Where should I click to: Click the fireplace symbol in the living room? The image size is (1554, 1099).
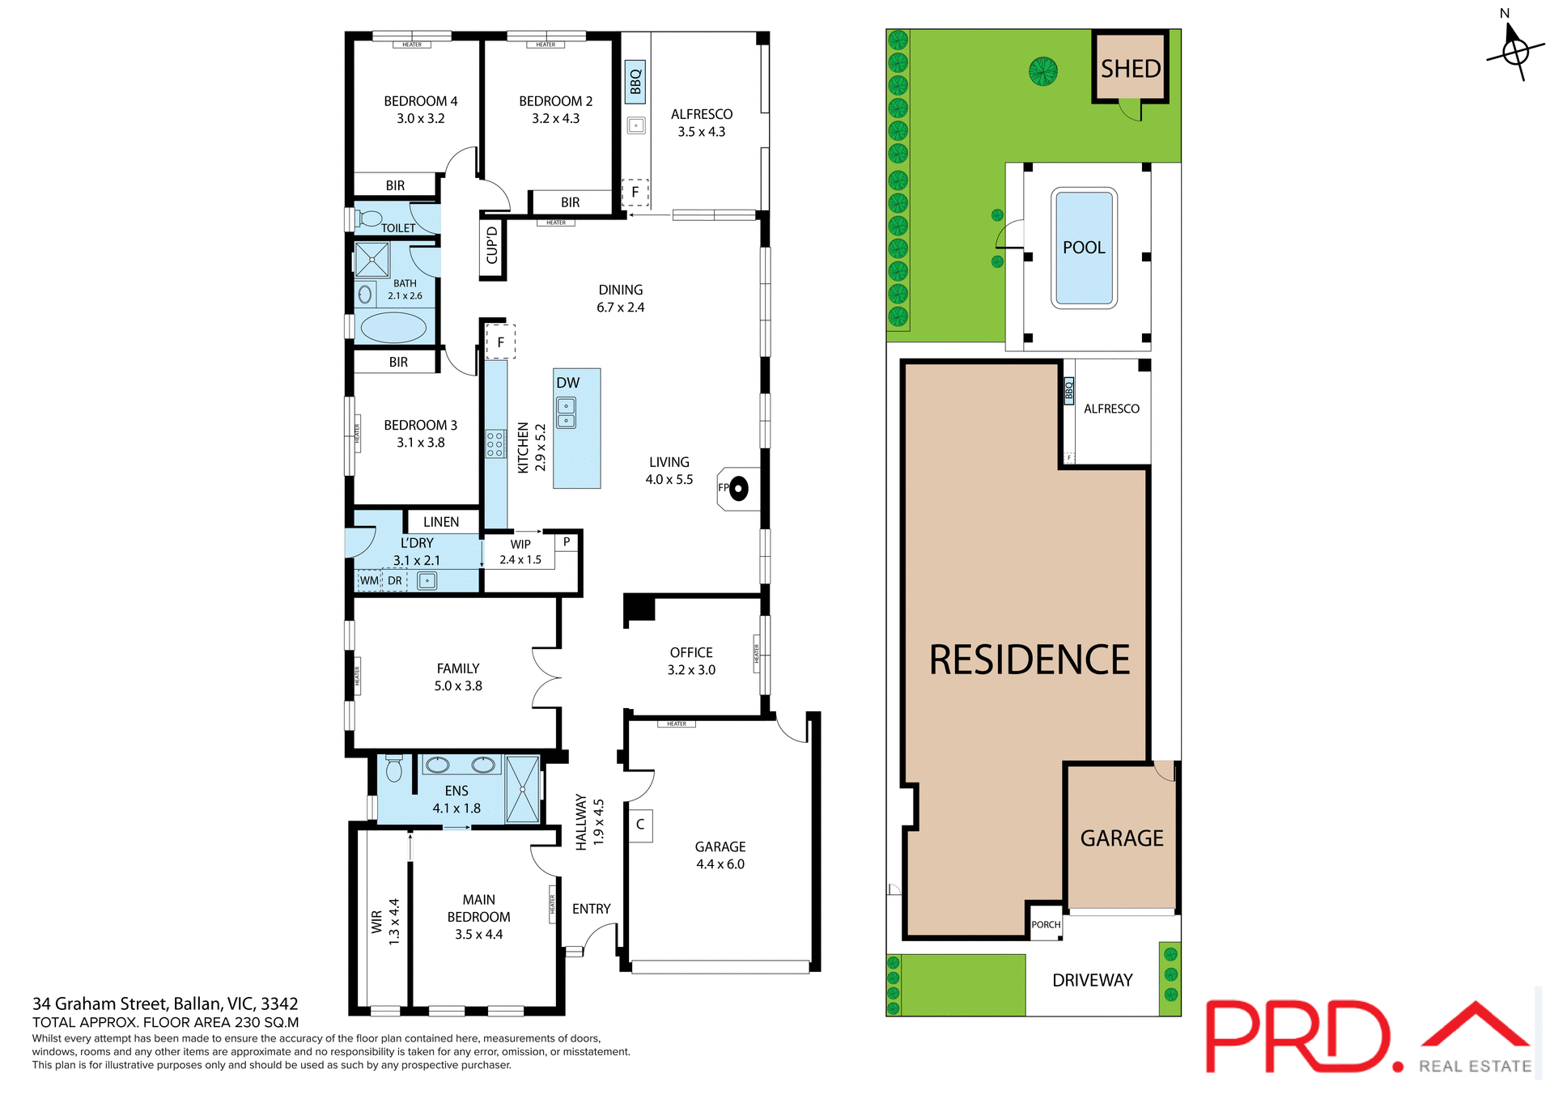(737, 489)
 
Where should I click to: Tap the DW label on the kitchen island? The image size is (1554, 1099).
(567, 383)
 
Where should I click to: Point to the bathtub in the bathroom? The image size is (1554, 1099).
(393, 328)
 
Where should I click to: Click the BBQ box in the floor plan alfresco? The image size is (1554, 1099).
(635, 82)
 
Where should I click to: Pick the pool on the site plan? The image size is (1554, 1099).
(1084, 248)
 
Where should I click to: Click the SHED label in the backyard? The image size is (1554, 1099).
(1131, 69)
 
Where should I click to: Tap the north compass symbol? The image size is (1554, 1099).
(1514, 50)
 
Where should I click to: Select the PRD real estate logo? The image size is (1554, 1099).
(1368, 1037)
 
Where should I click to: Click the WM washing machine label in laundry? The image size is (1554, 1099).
(369, 580)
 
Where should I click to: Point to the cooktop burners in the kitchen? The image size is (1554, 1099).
(495, 444)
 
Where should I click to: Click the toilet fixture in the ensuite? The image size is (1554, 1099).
(394, 768)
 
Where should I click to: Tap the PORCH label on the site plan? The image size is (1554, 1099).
(1046, 924)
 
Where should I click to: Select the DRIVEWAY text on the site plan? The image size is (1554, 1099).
(1092, 980)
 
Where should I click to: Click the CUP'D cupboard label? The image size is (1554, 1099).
(492, 245)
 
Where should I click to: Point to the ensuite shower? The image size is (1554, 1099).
(523, 789)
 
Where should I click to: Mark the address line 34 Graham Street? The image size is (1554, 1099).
(165, 1004)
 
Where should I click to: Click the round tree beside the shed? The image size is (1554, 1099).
(1043, 71)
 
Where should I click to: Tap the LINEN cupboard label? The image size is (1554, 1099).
(441, 522)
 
